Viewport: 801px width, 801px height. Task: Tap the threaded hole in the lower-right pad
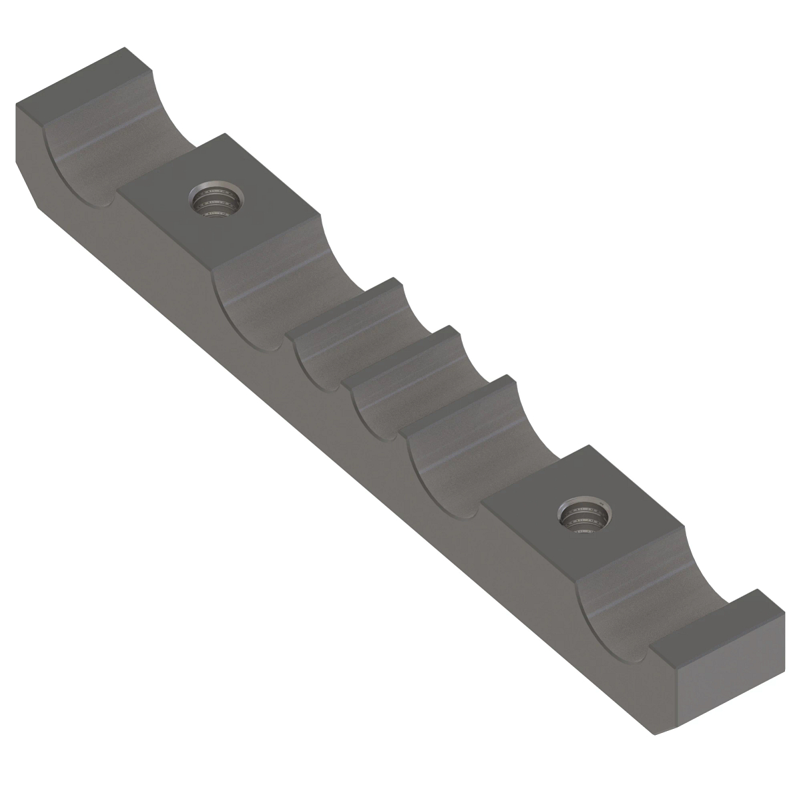click(x=584, y=516)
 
